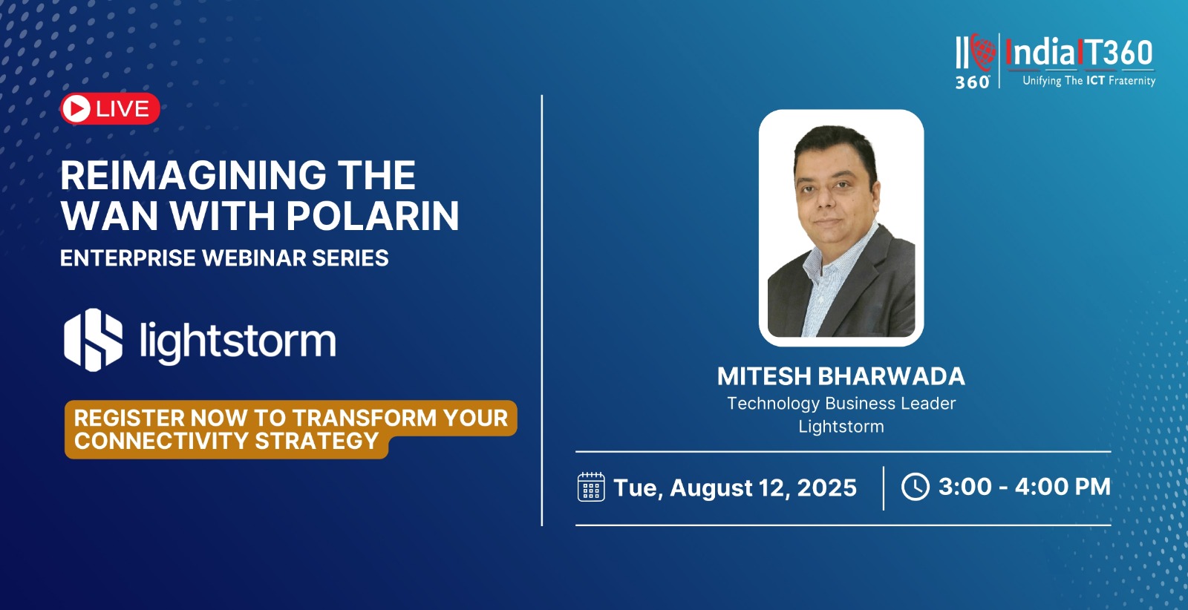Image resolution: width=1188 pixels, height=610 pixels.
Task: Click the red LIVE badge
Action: [110, 108]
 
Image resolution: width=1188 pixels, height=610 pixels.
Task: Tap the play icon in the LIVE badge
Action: [77, 108]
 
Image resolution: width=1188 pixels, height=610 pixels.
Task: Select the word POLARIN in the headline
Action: [372, 216]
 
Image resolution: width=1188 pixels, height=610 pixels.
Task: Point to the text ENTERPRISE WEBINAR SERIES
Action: [224, 258]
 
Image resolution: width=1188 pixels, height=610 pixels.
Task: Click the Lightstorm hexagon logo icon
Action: [94, 340]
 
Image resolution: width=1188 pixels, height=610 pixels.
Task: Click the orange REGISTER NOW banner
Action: [290, 429]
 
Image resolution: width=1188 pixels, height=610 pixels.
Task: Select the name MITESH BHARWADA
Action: [841, 376]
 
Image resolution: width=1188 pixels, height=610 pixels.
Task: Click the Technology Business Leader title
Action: [841, 404]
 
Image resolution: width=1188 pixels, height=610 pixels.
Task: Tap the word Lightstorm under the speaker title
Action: [841, 426]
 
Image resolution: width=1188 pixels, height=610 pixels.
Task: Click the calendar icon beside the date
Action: [591, 487]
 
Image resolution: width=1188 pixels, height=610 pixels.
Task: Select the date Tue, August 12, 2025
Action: [735, 488]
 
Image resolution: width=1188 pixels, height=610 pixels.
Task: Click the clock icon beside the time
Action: [916, 487]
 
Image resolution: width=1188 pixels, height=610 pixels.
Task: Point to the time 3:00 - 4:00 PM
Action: [1025, 487]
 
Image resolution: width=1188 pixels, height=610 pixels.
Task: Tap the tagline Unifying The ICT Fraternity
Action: [1089, 81]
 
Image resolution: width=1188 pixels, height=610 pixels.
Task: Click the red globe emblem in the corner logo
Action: [983, 52]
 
